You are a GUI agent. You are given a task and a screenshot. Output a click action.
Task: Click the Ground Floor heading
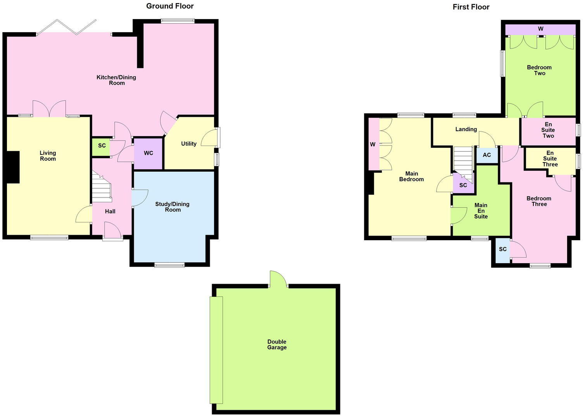pyautogui.click(x=170, y=6)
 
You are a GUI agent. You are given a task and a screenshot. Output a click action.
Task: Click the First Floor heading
pyautogui.click(x=471, y=7)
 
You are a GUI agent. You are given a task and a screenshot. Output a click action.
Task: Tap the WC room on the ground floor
pyautogui.click(x=148, y=153)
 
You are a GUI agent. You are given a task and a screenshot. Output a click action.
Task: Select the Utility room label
pyautogui.click(x=189, y=144)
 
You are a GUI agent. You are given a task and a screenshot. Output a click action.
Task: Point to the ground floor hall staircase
pyautogui.click(x=102, y=188)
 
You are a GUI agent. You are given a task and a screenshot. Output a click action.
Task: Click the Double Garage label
pyautogui.click(x=277, y=345)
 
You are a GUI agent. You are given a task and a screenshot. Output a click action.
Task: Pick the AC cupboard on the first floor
pyautogui.click(x=486, y=155)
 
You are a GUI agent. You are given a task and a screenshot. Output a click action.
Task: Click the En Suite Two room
pyautogui.click(x=548, y=130)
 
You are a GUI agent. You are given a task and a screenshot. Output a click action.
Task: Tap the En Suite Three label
pyautogui.click(x=550, y=159)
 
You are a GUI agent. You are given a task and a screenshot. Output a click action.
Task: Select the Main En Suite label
pyautogui.click(x=481, y=211)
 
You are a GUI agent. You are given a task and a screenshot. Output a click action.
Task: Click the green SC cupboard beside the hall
pyautogui.click(x=101, y=146)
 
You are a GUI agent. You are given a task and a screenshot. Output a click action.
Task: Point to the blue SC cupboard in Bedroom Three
pyautogui.click(x=503, y=250)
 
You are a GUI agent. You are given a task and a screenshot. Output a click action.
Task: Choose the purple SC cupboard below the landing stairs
pyautogui.click(x=463, y=185)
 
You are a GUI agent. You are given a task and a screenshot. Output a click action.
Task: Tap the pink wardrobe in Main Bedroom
pyautogui.click(x=373, y=144)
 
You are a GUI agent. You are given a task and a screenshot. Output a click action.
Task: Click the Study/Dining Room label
pyautogui.click(x=172, y=207)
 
